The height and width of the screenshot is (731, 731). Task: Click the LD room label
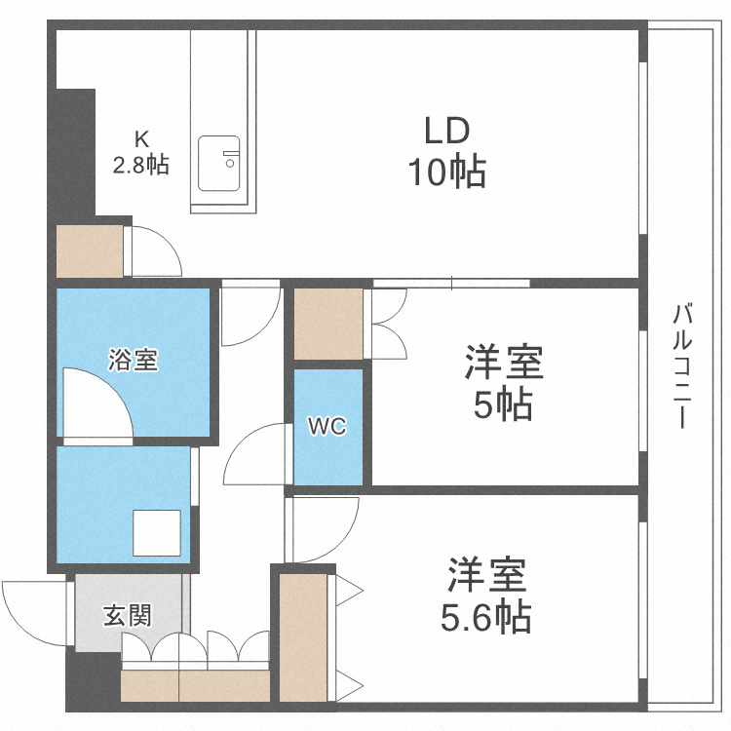click(446, 131)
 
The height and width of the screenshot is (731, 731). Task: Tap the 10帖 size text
click(446, 173)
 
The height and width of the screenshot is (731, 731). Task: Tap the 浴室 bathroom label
click(134, 360)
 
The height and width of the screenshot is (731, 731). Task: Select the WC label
click(327, 426)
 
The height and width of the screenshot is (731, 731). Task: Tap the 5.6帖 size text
click(488, 616)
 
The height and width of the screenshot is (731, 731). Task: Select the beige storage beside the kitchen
click(90, 251)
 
